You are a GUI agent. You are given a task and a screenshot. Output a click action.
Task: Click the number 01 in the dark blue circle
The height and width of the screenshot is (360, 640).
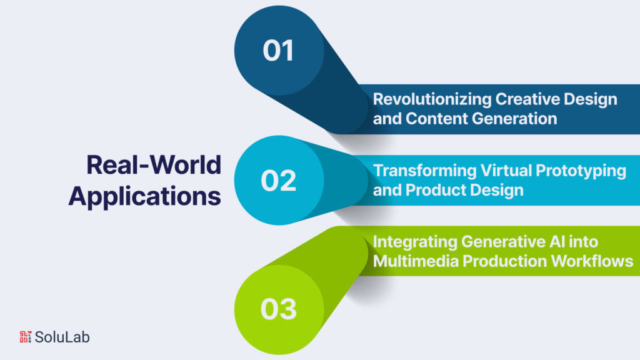coord(278,51)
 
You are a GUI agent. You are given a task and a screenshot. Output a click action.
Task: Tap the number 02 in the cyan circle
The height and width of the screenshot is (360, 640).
coord(278,181)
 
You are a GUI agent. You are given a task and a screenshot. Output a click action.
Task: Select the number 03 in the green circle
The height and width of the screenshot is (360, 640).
coord(279,309)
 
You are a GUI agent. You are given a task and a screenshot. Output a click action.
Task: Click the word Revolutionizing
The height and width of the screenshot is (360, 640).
coord(432,99)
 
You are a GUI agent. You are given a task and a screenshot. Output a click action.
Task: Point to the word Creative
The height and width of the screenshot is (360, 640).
coord(527,99)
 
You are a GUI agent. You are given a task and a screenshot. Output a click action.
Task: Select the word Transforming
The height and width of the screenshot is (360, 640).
coord(425,171)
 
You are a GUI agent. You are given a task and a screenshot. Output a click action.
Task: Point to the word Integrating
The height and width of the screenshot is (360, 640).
coord(415,242)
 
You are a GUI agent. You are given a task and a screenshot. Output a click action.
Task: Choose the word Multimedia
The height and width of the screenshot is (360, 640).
coord(416,261)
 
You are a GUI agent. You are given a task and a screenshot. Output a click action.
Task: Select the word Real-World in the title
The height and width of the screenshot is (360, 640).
coord(154,165)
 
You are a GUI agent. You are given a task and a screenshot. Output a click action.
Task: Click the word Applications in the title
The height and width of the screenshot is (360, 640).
coord(145,197)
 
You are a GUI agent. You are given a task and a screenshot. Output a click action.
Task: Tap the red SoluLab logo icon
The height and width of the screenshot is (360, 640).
coord(25,337)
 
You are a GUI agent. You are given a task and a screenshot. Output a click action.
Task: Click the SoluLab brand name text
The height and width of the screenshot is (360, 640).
coord(62,337)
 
